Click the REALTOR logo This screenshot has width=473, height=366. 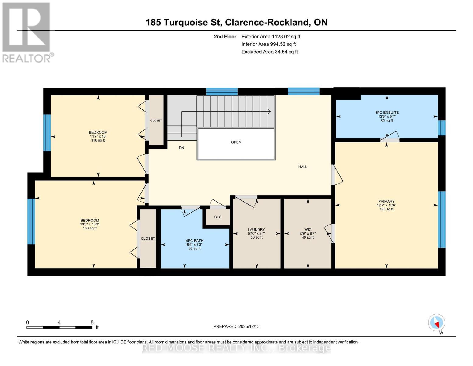[27, 32]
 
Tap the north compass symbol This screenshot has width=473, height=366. [436, 323]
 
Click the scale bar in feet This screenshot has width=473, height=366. [59, 327]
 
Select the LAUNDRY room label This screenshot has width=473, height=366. [256, 230]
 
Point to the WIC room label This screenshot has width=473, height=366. [308, 230]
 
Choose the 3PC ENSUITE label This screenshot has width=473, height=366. [387, 113]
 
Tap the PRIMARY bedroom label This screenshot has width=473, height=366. [386, 201]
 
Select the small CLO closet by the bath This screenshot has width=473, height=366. [218, 217]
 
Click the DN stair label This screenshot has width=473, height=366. [182, 148]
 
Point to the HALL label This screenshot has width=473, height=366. [303, 167]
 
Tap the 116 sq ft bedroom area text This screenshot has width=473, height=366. [98, 140]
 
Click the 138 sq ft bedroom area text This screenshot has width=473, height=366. [90, 228]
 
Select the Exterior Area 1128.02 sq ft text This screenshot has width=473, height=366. [271, 37]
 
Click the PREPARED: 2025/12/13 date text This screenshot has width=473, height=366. [236, 326]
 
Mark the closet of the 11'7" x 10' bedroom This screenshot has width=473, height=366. [156, 120]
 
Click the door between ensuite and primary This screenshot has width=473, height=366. [390, 138]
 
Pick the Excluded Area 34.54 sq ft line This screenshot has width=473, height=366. [270, 52]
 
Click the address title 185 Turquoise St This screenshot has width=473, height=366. [236, 22]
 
